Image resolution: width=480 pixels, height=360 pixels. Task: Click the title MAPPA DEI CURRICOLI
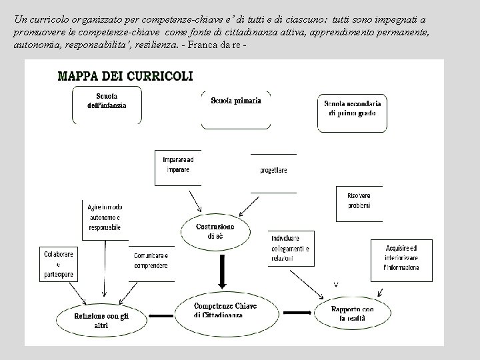point(125,75)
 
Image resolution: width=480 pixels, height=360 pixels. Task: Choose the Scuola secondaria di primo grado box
point(353,111)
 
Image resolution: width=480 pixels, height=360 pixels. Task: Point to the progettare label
point(273,171)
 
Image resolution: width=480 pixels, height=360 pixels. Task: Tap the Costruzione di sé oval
point(215,231)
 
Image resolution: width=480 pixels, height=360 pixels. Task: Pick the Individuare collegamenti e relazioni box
point(291,248)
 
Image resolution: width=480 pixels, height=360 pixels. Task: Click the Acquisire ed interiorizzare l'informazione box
point(401,258)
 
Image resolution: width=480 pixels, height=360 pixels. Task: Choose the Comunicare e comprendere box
point(151,261)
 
